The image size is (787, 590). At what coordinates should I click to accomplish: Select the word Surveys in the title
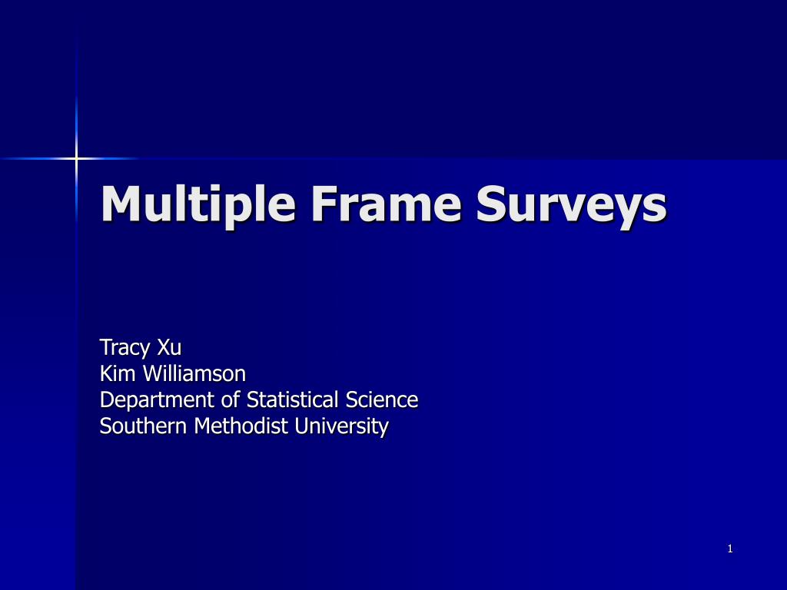pos(570,205)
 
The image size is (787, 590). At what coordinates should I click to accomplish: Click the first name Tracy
pos(125,348)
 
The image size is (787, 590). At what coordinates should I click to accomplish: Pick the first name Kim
pos(115,373)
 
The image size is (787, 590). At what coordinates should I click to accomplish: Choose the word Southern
pos(144,426)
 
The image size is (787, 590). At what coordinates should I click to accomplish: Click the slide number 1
pos(730,549)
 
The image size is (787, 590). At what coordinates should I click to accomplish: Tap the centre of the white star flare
pos(76,158)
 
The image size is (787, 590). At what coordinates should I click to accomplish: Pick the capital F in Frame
pos(323,204)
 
